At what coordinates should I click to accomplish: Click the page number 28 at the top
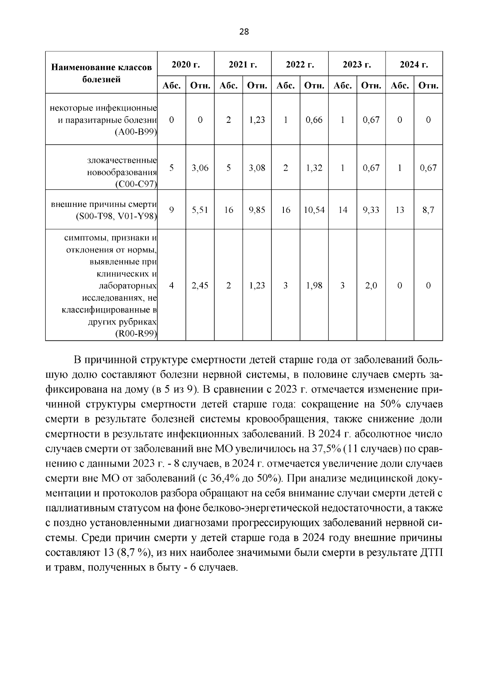click(244, 32)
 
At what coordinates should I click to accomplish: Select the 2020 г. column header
click(186, 64)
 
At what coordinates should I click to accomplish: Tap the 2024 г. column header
click(414, 64)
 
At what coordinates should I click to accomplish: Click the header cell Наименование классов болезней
click(101, 73)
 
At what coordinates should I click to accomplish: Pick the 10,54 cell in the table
click(314, 210)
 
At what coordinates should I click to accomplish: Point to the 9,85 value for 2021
click(257, 210)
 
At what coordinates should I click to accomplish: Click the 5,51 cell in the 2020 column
click(200, 210)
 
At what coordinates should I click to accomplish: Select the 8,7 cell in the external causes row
click(428, 210)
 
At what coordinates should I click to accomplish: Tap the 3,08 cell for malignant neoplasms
click(257, 168)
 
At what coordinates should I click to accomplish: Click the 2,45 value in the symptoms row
click(200, 285)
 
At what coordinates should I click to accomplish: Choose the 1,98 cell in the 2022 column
click(314, 285)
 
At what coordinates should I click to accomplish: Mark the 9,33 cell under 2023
click(371, 210)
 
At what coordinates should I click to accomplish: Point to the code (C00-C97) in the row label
click(136, 184)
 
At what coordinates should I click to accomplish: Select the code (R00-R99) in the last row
click(136, 334)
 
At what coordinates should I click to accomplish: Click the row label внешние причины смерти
click(104, 205)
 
